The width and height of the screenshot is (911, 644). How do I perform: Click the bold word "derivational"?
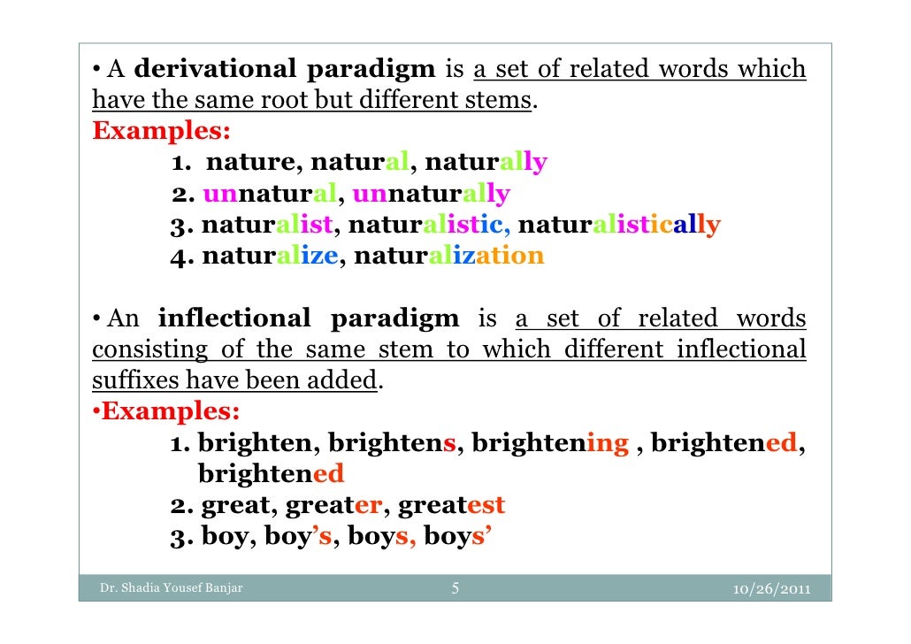tap(210, 69)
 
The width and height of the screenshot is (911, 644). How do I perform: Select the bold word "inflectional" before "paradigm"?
tap(234, 318)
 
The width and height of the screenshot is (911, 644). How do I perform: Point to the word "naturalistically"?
tap(619, 225)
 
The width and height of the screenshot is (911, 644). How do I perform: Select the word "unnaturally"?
tap(431, 194)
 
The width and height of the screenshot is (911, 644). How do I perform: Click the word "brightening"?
tap(550, 443)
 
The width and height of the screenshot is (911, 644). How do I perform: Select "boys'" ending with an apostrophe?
tap(455, 536)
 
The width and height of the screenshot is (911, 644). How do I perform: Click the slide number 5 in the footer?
tap(455, 588)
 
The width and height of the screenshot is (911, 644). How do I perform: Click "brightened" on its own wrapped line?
tap(271, 474)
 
